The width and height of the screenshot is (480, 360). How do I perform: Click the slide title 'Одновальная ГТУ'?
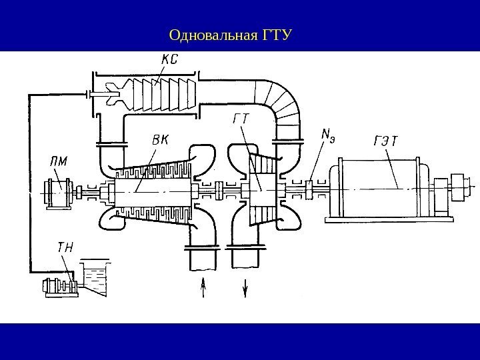pos(231,33)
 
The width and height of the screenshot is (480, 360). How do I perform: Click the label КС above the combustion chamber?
pos(169,60)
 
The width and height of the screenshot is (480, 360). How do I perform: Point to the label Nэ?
pos(328,136)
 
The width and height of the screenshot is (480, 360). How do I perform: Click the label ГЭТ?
pos(385,141)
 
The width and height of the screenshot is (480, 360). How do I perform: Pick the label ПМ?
pos(59,161)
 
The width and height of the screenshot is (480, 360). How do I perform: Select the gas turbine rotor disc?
pos(257,190)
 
